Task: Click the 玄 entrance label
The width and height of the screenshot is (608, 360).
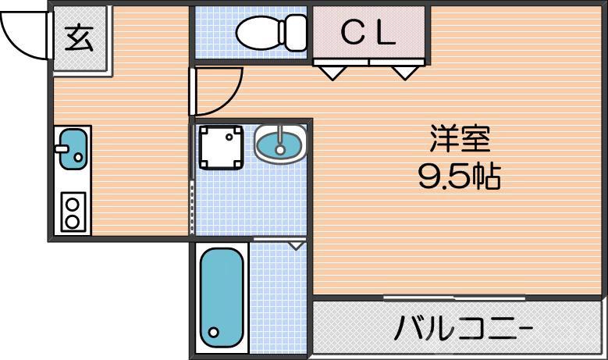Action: click(79, 37)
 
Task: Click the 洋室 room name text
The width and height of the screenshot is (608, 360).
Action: click(459, 140)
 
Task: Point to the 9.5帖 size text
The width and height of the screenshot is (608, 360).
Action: click(459, 178)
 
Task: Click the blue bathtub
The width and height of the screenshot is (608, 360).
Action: click(223, 296)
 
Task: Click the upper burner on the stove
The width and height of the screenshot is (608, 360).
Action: click(73, 205)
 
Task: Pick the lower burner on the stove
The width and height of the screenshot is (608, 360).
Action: click(73, 221)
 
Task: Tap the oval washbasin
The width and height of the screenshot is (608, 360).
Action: click(280, 144)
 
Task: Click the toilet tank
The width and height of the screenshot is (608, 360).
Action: click(296, 31)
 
